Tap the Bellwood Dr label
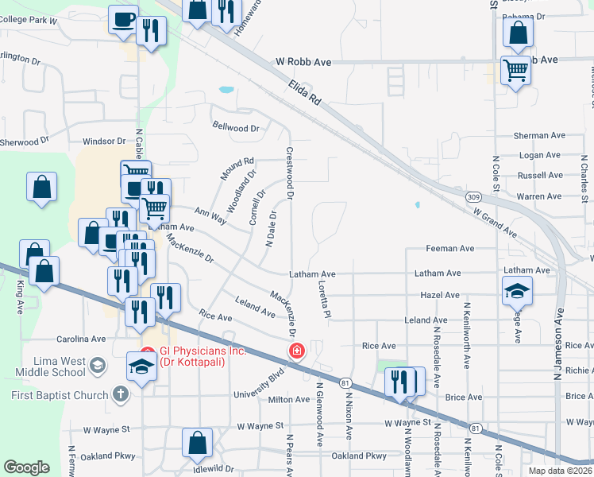pos(237,126)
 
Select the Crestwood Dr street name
pos(290,173)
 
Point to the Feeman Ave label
pos(449,249)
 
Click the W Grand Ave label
pos(494,223)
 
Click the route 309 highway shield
pos(472,196)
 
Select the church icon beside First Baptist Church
pos(120,395)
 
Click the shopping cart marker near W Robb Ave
pos(516,70)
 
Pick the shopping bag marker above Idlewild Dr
pos(197,443)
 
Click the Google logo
pos(25,467)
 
